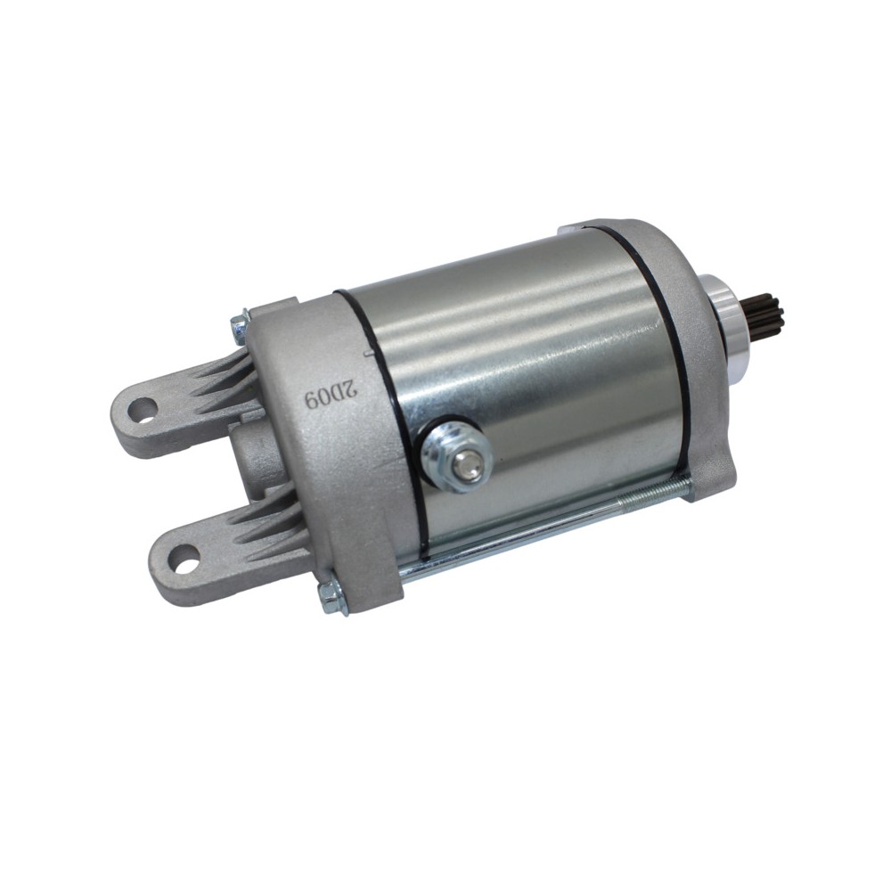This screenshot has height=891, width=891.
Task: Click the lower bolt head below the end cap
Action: click(x=331, y=598)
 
